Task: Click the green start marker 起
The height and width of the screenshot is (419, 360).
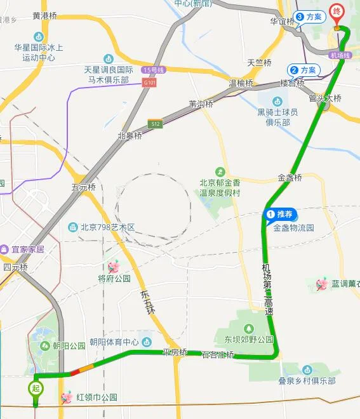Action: (x=35, y=387)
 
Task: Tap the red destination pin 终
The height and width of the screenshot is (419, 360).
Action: (x=337, y=12)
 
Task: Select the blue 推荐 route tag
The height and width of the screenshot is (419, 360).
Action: (x=281, y=215)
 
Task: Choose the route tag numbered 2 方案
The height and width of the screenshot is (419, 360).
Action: (x=303, y=70)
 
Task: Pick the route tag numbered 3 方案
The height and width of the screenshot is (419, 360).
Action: (x=309, y=17)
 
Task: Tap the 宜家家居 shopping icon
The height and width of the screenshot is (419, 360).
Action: (x=4, y=249)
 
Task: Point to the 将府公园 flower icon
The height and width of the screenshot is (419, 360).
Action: (x=114, y=266)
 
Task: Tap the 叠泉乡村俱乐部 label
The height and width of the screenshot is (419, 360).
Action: (x=307, y=380)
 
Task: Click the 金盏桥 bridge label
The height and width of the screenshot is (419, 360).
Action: (x=290, y=178)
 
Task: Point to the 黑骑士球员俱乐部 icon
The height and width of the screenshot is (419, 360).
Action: (x=277, y=101)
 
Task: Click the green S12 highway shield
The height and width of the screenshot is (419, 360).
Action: (x=156, y=124)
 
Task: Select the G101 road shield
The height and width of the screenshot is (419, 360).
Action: (x=150, y=82)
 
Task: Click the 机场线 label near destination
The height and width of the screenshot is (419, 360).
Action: (x=340, y=55)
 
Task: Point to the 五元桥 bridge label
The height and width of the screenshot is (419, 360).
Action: (x=83, y=187)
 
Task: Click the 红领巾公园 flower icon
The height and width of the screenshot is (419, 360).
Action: (x=66, y=398)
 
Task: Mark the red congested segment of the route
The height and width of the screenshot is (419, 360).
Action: (x=75, y=371)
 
